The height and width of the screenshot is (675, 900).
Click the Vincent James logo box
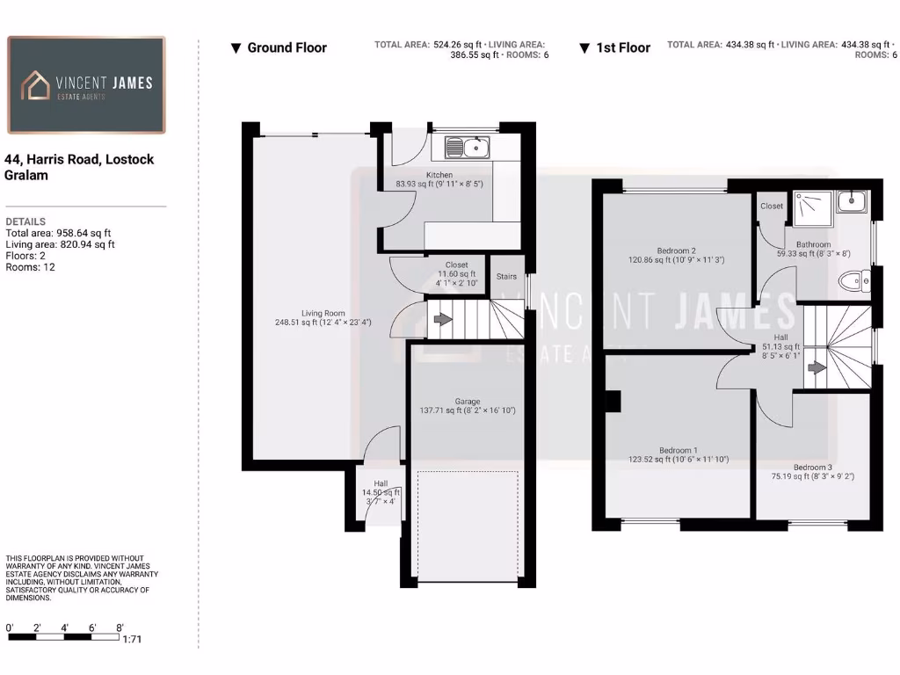tap(86, 84)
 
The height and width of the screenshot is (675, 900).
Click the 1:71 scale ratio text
tap(131, 640)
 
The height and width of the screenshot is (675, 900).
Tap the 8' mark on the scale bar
tap(120, 628)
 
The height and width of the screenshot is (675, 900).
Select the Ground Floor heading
tap(287, 47)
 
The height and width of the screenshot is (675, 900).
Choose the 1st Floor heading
tap(623, 47)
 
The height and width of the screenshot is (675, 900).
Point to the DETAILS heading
tap(25, 221)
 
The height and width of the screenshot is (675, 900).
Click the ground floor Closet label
tap(457, 265)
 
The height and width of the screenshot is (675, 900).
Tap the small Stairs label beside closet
tap(506, 277)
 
